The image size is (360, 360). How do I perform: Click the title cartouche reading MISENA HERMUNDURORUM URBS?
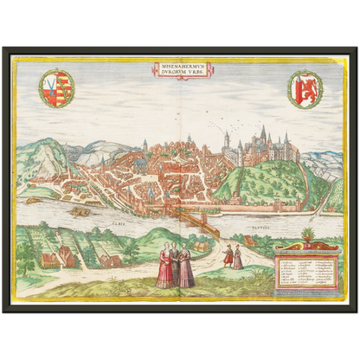point(180,69)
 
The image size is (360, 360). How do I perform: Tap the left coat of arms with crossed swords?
point(57,88)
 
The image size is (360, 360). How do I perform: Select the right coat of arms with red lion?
point(305,89)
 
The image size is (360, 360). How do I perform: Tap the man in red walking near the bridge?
point(228,255)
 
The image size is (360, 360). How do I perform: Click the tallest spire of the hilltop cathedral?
point(262,134)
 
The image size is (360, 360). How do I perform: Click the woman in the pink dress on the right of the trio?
point(186,268)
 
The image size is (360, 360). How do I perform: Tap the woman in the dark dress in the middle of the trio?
point(176,263)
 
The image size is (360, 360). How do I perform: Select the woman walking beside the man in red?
point(238,257)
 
